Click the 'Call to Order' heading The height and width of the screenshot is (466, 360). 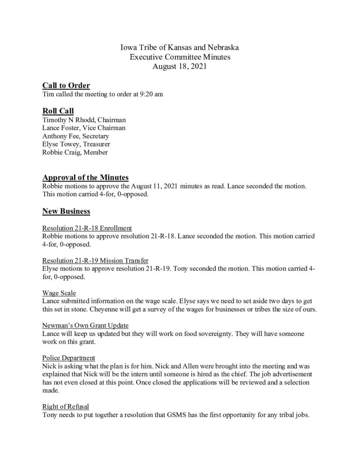pos(66,86)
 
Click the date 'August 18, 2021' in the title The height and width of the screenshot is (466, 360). pos(180,66)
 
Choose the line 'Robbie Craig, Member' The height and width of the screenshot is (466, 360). pos(75,152)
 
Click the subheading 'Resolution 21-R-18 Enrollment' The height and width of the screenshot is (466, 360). pos(87,228)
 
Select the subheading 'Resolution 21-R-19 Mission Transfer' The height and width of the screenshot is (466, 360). pos(95,260)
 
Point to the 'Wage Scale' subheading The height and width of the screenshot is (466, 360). pos(59,293)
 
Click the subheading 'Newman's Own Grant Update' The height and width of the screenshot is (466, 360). pos(86,325)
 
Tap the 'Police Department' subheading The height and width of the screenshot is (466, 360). pos(69,358)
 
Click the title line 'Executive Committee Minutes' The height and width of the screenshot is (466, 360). pos(180,57)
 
